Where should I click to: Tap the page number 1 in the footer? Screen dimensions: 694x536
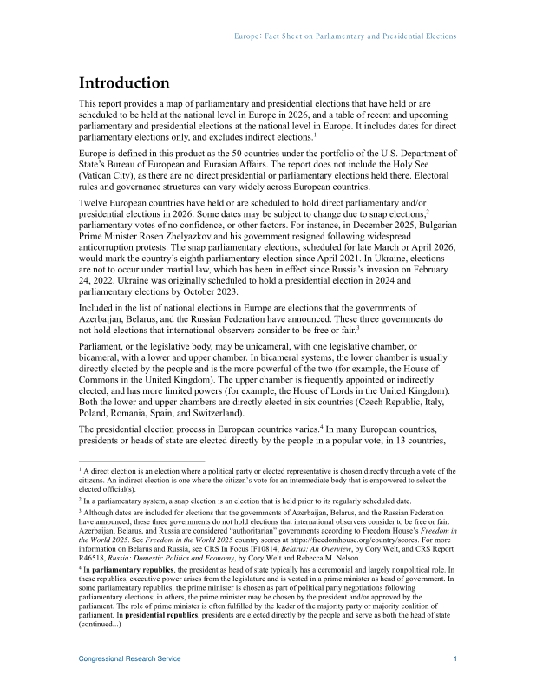pos(455,659)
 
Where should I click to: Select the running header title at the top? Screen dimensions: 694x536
pos(346,36)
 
